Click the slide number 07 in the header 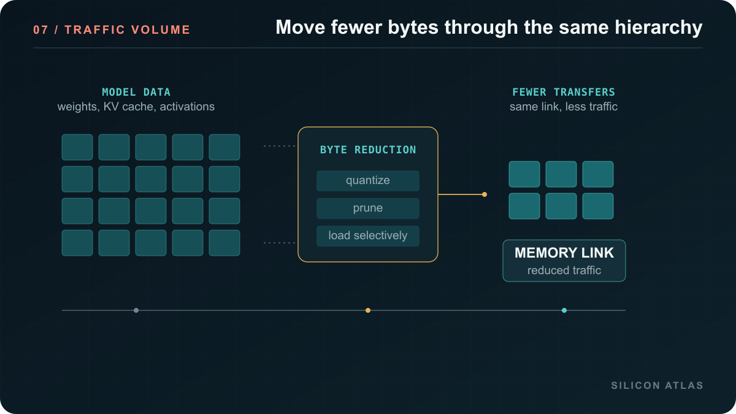(40, 30)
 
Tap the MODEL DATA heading (136, 92)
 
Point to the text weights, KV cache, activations (136, 107)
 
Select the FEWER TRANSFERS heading (564, 92)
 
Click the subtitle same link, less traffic (564, 107)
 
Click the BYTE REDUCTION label (368, 150)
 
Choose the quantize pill (368, 181)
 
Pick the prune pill (368, 209)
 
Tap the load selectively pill (368, 236)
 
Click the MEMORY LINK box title (564, 253)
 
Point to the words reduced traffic (564, 270)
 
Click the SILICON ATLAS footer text (657, 385)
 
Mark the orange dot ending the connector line (485, 194)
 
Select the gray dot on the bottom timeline (136, 310)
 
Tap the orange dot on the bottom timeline (368, 310)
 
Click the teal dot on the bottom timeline (564, 310)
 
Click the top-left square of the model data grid (77, 147)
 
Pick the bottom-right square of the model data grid (224, 243)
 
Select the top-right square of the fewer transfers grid (598, 174)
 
